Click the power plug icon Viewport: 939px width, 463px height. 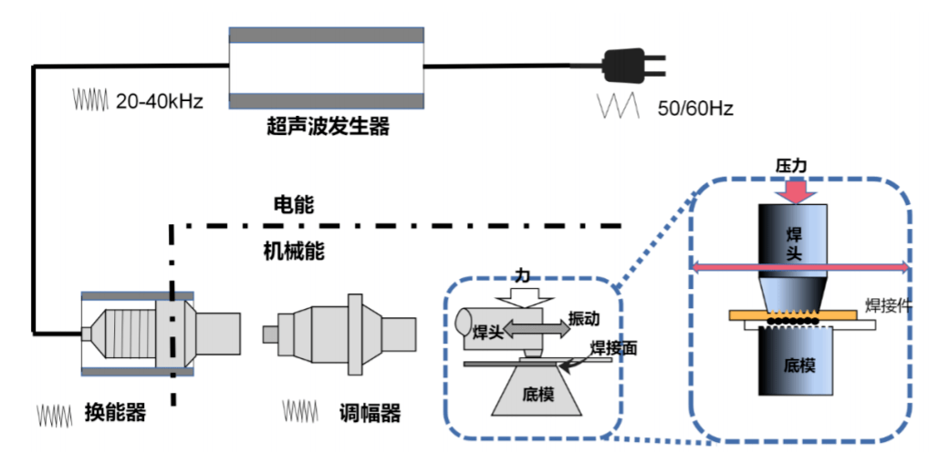click(x=631, y=66)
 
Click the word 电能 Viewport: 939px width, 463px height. click(x=294, y=205)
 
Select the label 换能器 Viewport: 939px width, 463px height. click(x=113, y=413)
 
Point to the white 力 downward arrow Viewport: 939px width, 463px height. click(x=523, y=295)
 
